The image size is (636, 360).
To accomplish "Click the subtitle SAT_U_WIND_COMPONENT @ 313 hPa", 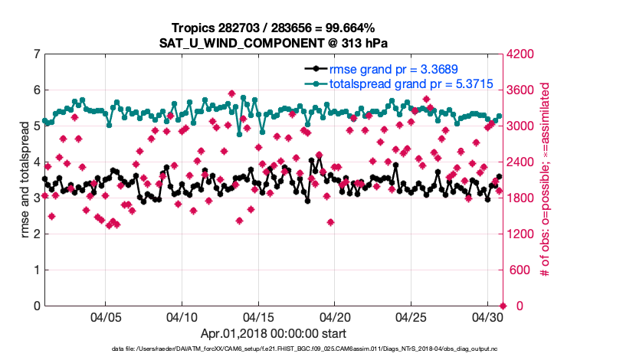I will [x=274, y=42].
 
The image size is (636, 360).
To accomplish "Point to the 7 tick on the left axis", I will [x=36, y=54].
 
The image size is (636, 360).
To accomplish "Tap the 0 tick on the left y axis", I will [x=36, y=306].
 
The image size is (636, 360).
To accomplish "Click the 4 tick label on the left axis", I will [x=36, y=162].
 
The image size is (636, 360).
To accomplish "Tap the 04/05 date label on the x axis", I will [x=106, y=316].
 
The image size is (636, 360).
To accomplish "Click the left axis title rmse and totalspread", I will [x=25, y=179].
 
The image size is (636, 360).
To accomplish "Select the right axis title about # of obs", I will [x=546, y=179].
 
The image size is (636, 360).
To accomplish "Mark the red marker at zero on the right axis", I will [x=503, y=306].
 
